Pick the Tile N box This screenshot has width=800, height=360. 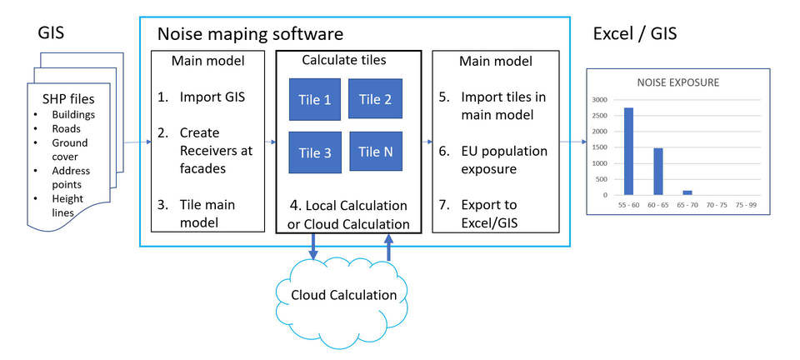pyautogui.click(x=376, y=152)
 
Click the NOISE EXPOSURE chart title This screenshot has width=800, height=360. pyautogui.click(x=677, y=83)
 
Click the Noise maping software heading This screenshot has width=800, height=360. pyautogui.click(x=250, y=34)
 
